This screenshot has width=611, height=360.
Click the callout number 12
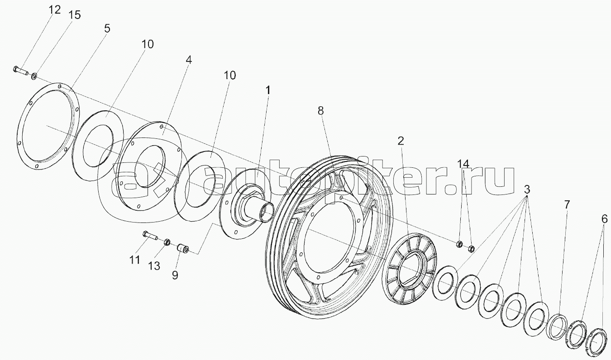coord(55,10)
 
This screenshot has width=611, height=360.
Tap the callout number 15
coord(74,15)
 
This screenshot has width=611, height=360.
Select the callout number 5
coord(107,28)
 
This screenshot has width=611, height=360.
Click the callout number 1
coord(268,90)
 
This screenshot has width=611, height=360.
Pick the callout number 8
coord(320,111)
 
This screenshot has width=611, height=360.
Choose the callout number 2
coord(401,141)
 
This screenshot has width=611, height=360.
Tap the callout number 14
coord(463,164)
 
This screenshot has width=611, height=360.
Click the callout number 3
coord(527,189)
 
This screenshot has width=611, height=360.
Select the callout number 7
coord(567,204)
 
